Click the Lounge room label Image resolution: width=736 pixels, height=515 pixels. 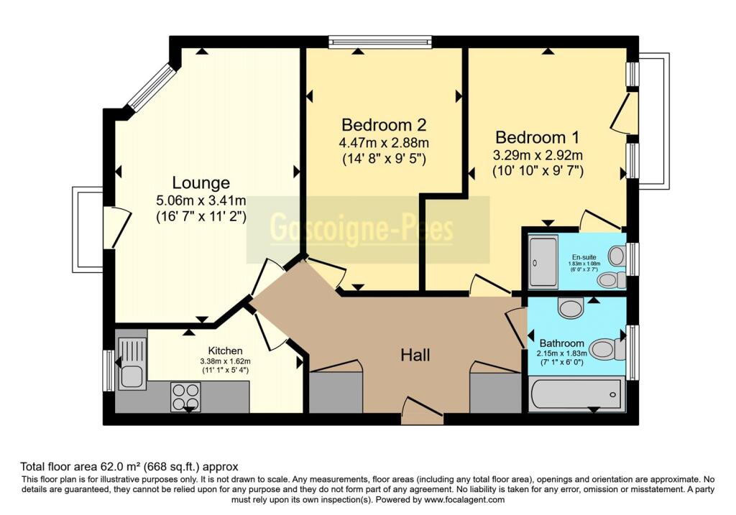pos(201,182)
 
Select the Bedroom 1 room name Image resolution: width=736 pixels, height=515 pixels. pos(538,136)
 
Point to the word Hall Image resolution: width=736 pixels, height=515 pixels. pos(415,354)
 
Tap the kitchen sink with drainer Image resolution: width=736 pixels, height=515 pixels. pos(132,363)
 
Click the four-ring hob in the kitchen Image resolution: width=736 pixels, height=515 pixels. pos(185,397)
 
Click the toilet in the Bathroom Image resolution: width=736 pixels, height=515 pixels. pos(606,350)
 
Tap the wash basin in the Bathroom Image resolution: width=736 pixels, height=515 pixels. pos(571,309)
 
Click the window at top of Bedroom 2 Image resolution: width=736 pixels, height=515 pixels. pos(379,42)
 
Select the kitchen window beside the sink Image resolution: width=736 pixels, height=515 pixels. pos(108,371)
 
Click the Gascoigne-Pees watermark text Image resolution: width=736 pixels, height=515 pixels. pos(362,229)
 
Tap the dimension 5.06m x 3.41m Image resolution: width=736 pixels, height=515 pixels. pos(201,200)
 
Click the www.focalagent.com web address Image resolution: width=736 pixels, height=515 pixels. pos(464,500)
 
